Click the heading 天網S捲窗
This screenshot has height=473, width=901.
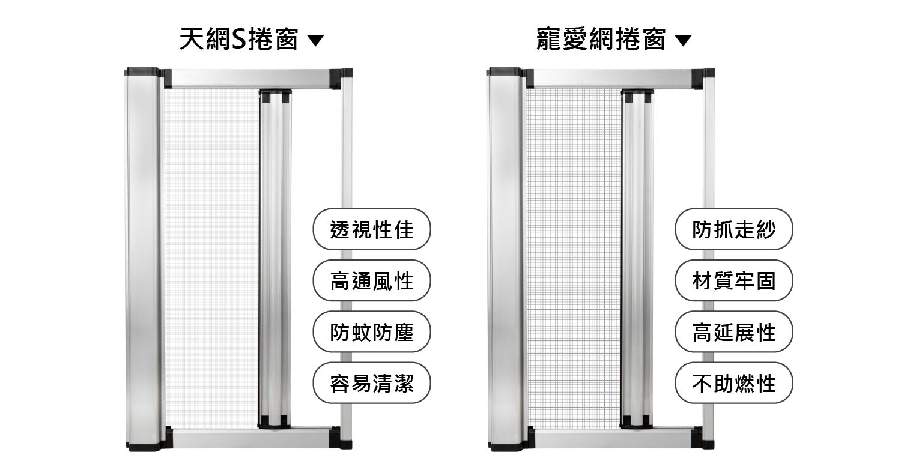tap(238, 39)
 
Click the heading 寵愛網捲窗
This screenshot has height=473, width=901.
tap(601, 39)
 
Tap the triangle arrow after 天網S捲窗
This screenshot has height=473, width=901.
tap(315, 40)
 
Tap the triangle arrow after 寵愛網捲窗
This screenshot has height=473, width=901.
tap(683, 40)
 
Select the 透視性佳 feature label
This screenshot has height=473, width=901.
tap(372, 229)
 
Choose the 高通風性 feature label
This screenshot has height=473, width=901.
tap(372, 280)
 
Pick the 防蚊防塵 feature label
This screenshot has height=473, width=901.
tap(372, 332)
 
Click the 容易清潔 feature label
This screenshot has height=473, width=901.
tap(372, 383)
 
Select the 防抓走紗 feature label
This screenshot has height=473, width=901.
tap(734, 229)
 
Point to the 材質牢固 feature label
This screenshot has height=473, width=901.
tap(734, 280)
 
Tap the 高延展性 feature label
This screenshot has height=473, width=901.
tap(734, 332)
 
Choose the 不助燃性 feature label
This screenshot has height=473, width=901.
tap(734, 383)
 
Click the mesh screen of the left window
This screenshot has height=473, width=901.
tap(211, 257)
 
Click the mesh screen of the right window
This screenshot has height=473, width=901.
tap(574, 257)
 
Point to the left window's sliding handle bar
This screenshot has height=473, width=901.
tap(275, 259)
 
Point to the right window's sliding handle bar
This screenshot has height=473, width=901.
tap(637, 259)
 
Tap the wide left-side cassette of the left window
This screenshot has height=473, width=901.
tap(143, 259)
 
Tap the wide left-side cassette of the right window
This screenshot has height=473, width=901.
tap(505, 259)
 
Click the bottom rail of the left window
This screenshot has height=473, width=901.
tap(252, 438)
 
